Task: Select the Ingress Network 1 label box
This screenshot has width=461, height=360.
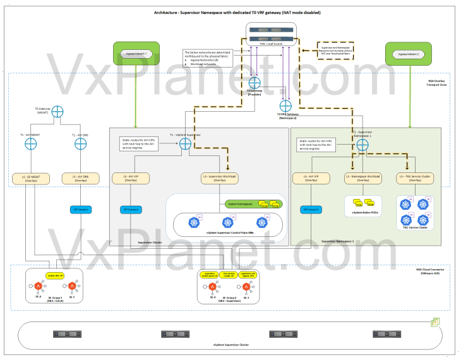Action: click(136, 54)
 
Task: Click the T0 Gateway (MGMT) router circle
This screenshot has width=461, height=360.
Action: click(57, 111)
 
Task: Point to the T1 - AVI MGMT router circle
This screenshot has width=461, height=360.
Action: click(30, 145)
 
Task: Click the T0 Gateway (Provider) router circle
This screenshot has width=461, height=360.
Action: click(255, 83)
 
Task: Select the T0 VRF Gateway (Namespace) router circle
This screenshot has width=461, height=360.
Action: click(285, 105)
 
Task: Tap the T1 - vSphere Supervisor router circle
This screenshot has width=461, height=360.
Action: click(186, 144)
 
